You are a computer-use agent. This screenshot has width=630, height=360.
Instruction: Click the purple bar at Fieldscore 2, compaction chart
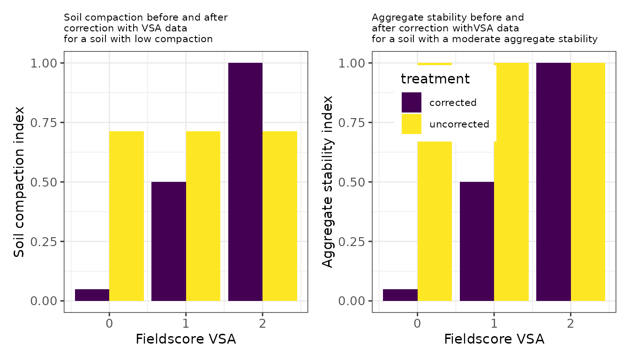245,181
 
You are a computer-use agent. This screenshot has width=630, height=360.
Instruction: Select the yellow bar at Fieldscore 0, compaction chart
127,216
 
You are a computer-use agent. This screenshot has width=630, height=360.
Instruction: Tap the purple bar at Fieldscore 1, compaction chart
169,241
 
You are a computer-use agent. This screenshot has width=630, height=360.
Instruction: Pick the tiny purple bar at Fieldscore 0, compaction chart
92,295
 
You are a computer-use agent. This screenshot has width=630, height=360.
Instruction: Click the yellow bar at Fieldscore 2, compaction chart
280,216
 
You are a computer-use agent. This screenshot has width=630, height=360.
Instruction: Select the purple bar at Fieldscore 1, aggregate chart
477,241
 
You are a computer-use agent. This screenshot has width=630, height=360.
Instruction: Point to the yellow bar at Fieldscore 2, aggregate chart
588,181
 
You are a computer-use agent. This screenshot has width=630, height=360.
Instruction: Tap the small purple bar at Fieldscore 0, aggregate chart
400,295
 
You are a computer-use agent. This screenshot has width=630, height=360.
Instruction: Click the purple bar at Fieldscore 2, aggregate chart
554,181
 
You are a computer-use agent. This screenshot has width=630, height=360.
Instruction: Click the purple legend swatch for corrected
412,102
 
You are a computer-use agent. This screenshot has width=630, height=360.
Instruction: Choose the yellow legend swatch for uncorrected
412,124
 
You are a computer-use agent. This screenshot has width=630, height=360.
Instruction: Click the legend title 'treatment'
435,79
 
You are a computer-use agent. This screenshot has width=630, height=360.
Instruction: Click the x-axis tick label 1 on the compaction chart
186,323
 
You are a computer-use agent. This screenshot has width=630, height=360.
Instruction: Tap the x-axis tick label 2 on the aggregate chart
570,323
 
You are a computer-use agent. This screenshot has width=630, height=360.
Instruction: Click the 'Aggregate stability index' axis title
328,182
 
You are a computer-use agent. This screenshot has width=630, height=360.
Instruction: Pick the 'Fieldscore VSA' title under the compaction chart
186,339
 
